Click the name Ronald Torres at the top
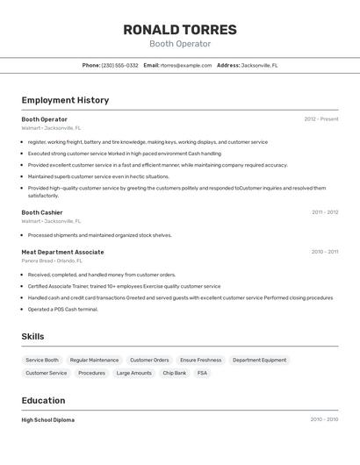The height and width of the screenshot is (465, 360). click(x=179, y=29)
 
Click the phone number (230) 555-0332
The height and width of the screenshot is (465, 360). click(x=119, y=66)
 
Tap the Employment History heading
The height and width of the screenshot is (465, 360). click(x=65, y=100)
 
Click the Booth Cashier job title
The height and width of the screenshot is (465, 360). click(x=42, y=212)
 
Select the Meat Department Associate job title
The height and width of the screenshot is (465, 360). click(x=62, y=252)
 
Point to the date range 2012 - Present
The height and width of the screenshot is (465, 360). click(x=321, y=119)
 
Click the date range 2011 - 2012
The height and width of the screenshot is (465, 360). click(x=325, y=212)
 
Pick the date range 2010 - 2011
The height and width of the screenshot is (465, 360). click(x=325, y=252)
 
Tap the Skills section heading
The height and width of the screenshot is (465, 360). click(x=32, y=337)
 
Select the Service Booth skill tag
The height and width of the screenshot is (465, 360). click(x=42, y=360)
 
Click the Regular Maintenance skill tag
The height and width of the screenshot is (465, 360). click(x=94, y=360)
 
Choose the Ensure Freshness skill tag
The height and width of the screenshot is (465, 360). click(x=201, y=360)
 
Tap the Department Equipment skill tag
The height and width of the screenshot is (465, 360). click(x=259, y=360)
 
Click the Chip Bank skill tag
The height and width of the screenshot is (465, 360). click(x=174, y=373)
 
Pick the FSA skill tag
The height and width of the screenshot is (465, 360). click(x=202, y=373)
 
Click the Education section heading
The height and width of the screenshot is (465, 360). click(x=44, y=400)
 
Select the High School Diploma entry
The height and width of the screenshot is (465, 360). click(x=48, y=420)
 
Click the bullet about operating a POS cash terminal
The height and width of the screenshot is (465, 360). click(x=63, y=309)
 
